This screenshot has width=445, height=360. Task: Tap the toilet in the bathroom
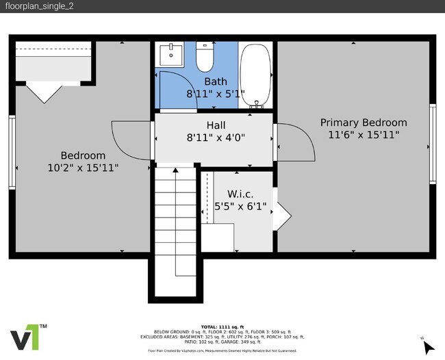205,58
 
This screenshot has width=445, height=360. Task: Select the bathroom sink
169,54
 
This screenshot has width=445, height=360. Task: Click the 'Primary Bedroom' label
364,123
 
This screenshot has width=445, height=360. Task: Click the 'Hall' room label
216,125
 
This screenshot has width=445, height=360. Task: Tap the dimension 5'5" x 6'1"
240,205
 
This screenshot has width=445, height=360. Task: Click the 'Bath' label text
216,81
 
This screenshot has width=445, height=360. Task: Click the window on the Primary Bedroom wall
432,143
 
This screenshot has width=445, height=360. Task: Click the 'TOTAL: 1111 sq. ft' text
222,326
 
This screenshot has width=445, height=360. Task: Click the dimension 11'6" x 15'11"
364,135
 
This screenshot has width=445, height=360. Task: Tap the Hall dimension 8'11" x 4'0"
216,137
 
